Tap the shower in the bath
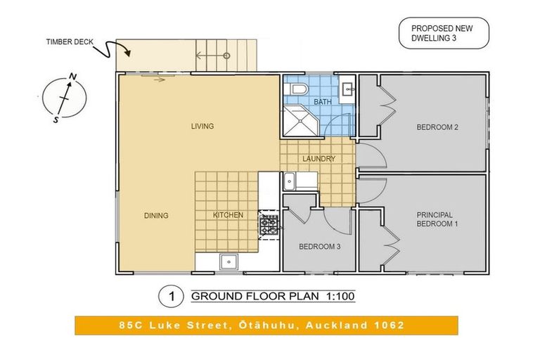301,120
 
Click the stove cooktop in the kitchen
269,225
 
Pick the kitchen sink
229,262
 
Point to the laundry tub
289,181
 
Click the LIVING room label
202,127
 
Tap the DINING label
156,216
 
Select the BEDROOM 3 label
320,247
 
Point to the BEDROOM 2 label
437,127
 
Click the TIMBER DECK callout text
70,42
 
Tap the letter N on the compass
72,77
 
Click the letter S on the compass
56,120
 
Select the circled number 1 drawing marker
171,296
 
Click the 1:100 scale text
340,296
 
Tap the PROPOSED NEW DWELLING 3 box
444,34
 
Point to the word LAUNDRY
319,159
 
